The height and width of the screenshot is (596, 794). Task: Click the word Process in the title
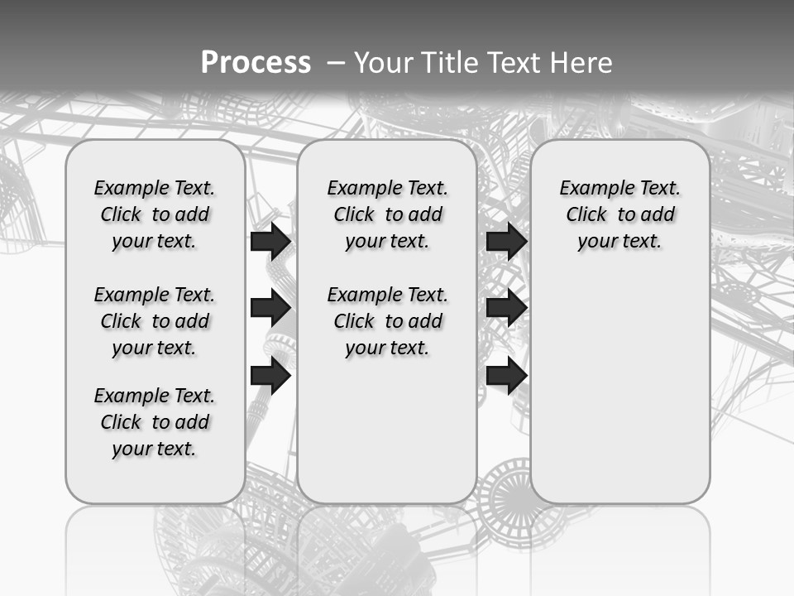(256, 62)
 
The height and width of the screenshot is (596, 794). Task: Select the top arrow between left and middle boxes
(270, 241)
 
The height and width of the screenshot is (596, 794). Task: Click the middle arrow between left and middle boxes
(270, 309)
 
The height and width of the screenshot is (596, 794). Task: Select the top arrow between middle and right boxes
(506, 241)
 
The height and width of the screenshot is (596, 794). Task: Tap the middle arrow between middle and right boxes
(506, 309)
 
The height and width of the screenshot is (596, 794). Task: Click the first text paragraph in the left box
(155, 214)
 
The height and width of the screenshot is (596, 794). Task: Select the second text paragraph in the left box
(155, 321)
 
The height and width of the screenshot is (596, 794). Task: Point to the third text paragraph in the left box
(155, 422)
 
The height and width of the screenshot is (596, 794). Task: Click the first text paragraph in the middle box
(387, 214)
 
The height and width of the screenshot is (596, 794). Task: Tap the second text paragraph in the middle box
(387, 321)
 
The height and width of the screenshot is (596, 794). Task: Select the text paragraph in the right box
(619, 214)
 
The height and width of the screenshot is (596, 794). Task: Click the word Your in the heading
(383, 62)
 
